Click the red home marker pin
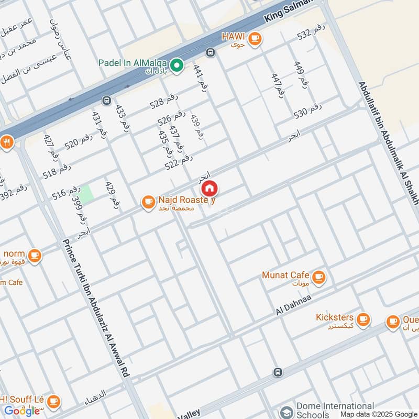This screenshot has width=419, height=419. [x=210, y=188]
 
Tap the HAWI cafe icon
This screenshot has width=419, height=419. [x=255, y=38]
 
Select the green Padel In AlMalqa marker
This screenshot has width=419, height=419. [x=177, y=65]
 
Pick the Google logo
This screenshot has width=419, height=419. [x=22, y=411]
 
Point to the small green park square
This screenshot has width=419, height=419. [x=86, y=192]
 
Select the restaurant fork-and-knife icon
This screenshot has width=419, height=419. [x=6, y=142]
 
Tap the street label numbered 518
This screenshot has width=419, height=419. [x=57, y=171]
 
